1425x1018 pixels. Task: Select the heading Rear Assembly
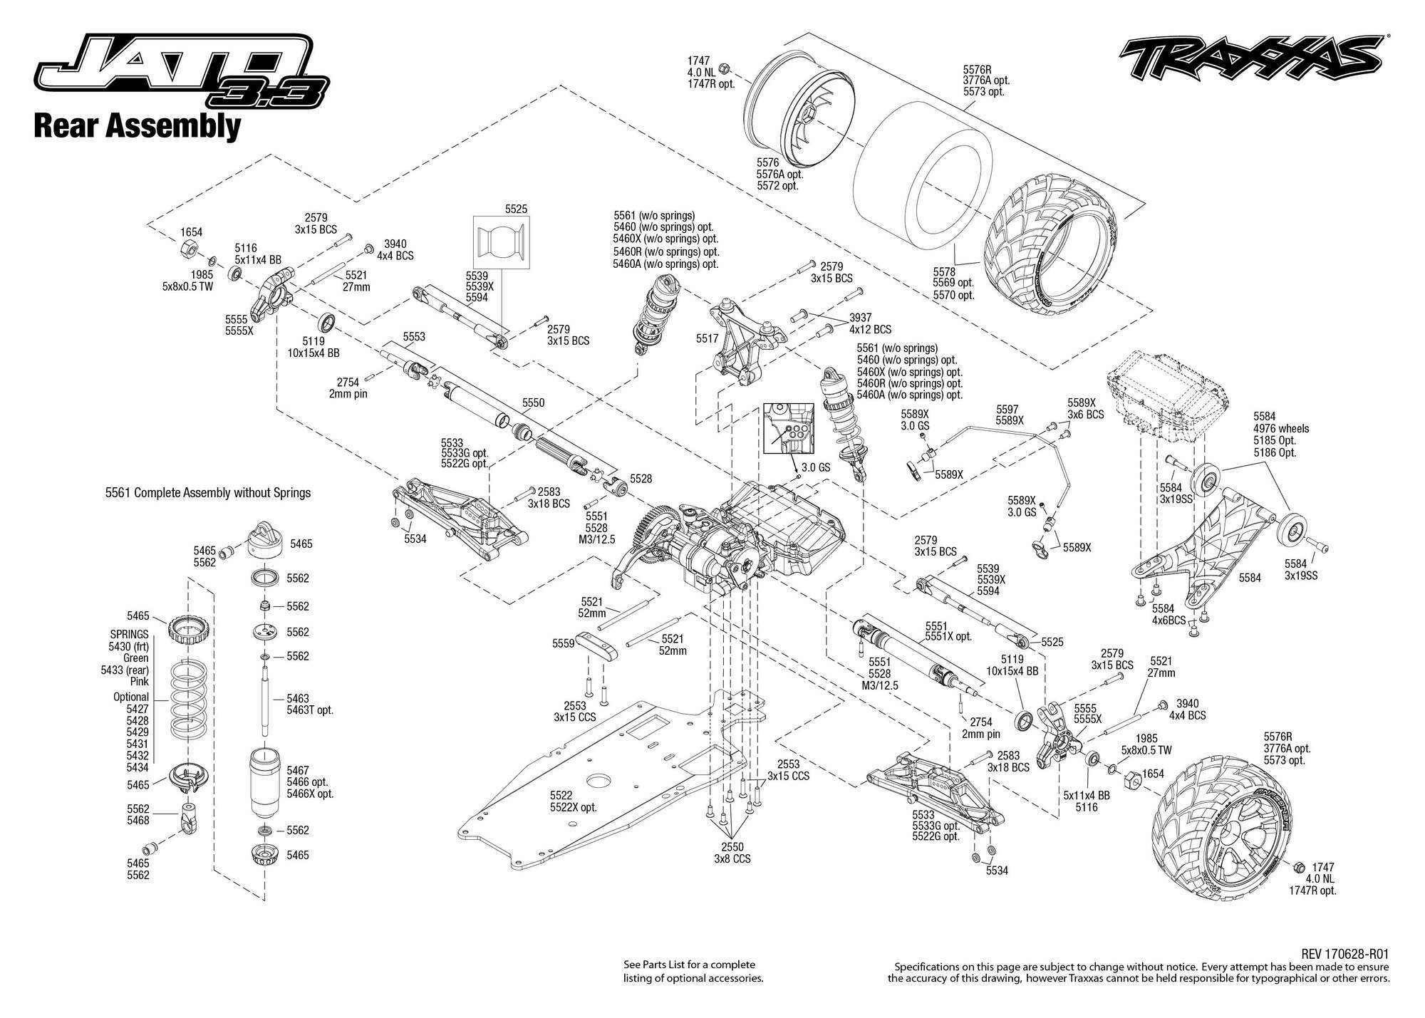[x=137, y=127]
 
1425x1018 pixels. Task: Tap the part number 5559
[x=563, y=643]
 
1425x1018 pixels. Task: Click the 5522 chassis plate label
[x=561, y=795]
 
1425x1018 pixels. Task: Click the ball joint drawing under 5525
[x=503, y=241]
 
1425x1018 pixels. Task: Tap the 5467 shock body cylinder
[x=264, y=779]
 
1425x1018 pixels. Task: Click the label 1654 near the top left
[x=191, y=232]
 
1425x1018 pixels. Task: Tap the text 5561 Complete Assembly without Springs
[x=208, y=492]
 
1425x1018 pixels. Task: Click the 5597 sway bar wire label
[x=1007, y=410]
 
